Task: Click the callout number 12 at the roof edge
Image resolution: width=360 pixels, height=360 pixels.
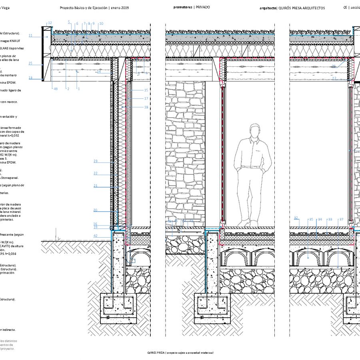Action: pos(50,23)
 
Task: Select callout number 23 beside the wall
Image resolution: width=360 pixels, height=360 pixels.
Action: pos(96,161)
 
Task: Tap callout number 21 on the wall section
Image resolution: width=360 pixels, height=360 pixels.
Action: pos(96,186)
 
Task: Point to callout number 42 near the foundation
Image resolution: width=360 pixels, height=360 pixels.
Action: pos(96,236)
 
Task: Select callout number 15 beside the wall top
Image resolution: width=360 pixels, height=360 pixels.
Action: pos(146,90)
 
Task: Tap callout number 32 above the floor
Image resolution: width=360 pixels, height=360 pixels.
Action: pos(296,218)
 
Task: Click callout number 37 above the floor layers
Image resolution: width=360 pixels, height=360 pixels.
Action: pos(341,219)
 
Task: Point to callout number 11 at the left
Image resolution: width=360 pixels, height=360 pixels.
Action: pos(30,36)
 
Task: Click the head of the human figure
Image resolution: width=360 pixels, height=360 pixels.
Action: pos(254,131)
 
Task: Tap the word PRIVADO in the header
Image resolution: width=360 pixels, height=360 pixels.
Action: pos(203,7)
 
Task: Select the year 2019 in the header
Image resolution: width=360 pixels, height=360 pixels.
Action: pos(125,8)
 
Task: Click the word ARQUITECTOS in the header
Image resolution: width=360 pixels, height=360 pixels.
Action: pos(313,8)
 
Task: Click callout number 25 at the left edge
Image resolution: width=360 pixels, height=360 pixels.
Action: pos(30,63)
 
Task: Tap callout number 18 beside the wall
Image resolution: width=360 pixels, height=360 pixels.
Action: pos(146,107)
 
